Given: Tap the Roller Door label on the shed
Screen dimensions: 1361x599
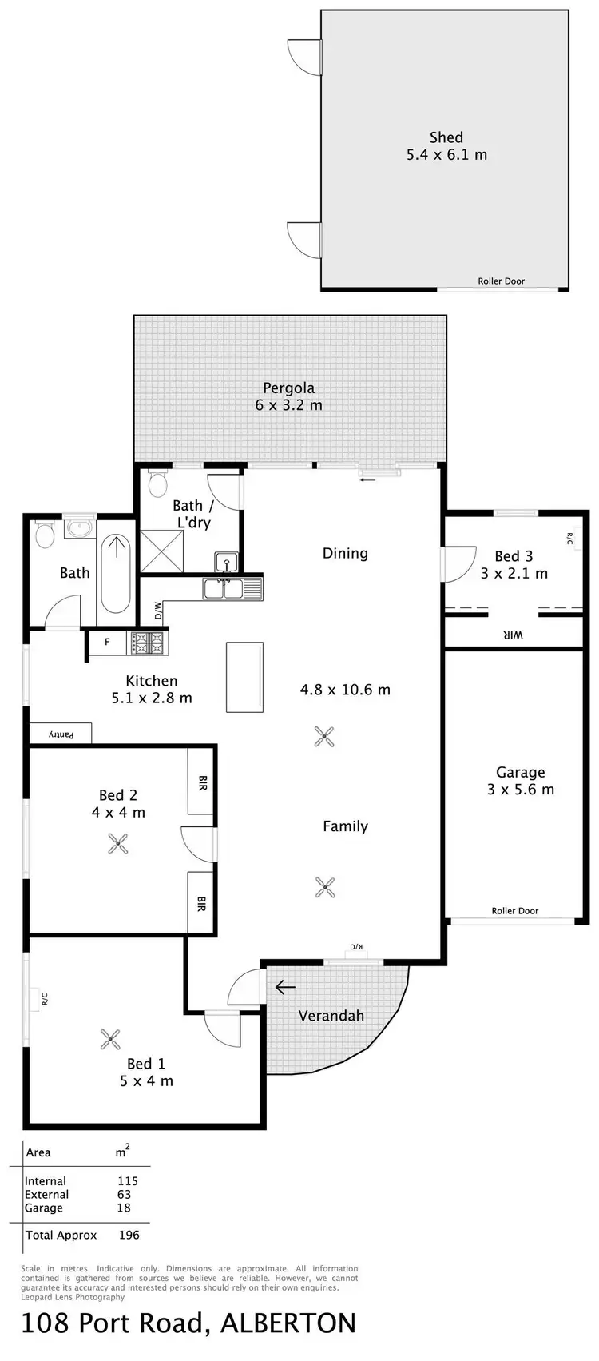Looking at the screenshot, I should click(502, 281).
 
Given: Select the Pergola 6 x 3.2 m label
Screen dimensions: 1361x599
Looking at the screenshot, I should click(289, 396).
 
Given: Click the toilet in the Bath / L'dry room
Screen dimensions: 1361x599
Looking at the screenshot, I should click(157, 483).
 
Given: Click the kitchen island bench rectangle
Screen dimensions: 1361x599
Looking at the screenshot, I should click(244, 676).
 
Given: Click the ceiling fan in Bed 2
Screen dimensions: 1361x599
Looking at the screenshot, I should click(118, 842).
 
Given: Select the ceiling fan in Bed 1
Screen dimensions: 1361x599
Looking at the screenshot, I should click(110, 1039).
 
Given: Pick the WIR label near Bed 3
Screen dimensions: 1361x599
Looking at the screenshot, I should click(512, 635).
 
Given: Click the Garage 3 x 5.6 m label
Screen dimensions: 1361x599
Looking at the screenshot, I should click(521, 781).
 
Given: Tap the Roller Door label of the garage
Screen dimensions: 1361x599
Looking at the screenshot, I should click(515, 911).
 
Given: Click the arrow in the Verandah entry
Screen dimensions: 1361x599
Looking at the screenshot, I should click(285, 988).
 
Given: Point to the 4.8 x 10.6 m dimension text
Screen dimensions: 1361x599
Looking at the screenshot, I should click(345, 690).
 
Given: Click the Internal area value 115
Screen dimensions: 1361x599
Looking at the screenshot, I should click(128, 1181).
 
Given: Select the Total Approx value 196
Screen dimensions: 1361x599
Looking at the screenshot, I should click(129, 1235).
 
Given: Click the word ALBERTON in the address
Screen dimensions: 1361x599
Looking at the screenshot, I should click(288, 1323).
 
